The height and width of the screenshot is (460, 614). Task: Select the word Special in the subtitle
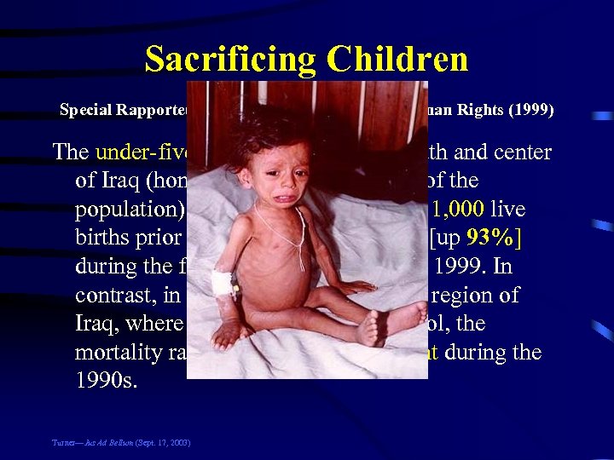point(87,111)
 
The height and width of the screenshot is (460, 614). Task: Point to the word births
point(106,239)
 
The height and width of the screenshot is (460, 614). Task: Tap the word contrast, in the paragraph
point(120,296)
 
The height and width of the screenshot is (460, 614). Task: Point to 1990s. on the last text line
point(106,381)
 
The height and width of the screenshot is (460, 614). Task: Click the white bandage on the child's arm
point(224,282)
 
